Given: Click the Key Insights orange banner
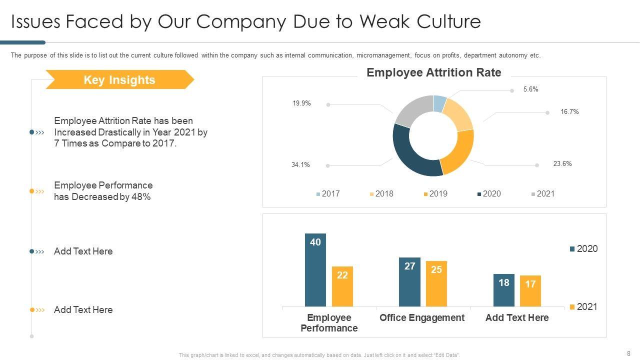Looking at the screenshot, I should coord(119,80).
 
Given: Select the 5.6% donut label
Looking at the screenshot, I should coord(530,89).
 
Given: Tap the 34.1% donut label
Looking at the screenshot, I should coord(300,164).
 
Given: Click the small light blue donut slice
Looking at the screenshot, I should coord(439,102).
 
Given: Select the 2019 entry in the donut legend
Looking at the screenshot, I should coord(435,194).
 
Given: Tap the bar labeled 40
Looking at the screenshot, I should coord(315,270).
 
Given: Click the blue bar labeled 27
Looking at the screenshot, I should coord(409,282).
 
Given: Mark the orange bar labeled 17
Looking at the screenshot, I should coord(530,291).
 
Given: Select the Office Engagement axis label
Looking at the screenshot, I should coord(422,318).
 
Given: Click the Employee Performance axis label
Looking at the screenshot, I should coord(329,323).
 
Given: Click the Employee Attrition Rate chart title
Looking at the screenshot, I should coord(433,73).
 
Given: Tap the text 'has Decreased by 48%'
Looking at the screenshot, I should coord(102,197).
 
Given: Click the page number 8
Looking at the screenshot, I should coord(628,353).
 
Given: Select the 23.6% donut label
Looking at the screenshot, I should coord(562,164).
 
